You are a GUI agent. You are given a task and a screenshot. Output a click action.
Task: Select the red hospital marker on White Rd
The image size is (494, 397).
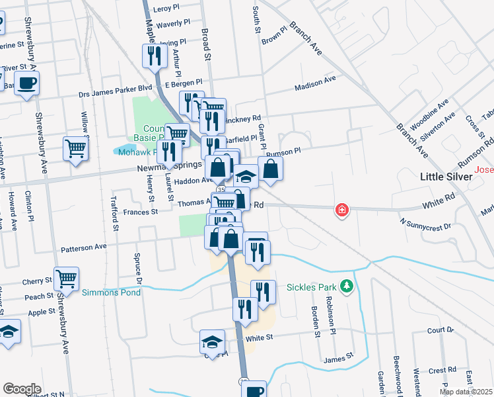[x=341, y=210]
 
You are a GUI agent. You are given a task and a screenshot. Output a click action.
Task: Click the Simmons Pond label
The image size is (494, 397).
[x=111, y=292]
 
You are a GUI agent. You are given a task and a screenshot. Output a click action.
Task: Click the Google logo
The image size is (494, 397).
[x=22, y=389]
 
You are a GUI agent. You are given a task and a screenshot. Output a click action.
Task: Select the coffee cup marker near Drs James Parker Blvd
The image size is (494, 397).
[x=27, y=84]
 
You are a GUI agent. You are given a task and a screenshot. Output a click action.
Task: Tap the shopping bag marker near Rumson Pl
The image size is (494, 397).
[x=270, y=169]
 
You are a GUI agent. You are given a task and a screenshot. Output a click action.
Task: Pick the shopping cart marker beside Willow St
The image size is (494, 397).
[x=76, y=148]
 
